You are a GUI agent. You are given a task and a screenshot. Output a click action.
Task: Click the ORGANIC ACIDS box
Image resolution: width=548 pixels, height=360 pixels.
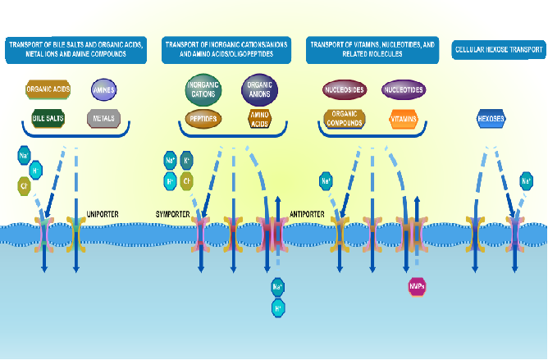(x=48, y=89)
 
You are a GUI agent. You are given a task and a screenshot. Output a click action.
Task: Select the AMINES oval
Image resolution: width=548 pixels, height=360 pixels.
(x=104, y=89)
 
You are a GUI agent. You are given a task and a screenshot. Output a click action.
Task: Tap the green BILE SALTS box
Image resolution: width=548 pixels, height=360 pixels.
(x=48, y=119)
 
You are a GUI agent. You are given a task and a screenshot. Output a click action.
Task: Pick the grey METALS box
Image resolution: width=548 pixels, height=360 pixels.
(x=104, y=119)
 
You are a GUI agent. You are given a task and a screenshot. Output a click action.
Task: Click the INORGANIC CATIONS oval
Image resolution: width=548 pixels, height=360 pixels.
(x=201, y=89)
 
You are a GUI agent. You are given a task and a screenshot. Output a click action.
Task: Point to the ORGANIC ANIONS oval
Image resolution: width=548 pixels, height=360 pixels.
(x=260, y=89)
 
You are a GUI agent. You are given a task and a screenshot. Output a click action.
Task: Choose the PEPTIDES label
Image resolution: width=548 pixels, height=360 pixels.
(x=201, y=119)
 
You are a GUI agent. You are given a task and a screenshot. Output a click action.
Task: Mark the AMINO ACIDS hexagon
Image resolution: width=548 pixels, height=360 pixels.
(x=260, y=119)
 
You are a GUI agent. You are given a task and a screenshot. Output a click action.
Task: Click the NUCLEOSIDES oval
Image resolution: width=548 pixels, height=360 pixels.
(x=345, y=89)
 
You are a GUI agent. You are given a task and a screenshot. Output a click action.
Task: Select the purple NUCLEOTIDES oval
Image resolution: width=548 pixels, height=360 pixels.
(x=404, y=89)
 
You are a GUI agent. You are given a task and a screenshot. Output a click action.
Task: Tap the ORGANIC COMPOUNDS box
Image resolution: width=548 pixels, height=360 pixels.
(x=345, y=119)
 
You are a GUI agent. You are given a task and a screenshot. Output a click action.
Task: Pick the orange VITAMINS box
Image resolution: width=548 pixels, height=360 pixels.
(x=404, y=119)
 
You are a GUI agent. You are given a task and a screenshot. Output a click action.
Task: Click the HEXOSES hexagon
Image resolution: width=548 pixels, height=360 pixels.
(x=491, y=119)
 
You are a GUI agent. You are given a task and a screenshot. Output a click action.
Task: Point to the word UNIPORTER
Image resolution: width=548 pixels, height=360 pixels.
(x=103, y=214)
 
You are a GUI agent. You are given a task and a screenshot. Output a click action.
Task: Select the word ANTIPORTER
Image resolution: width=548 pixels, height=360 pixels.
(x=308, y=214)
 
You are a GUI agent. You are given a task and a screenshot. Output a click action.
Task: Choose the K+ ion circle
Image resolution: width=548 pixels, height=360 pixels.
(x=187, y=160)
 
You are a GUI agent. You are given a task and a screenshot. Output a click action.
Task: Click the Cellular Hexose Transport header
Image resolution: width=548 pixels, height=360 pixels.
(x=496, y=50)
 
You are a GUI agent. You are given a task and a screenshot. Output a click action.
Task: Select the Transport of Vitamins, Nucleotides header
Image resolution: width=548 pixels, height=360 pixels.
(x=372, y=49)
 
